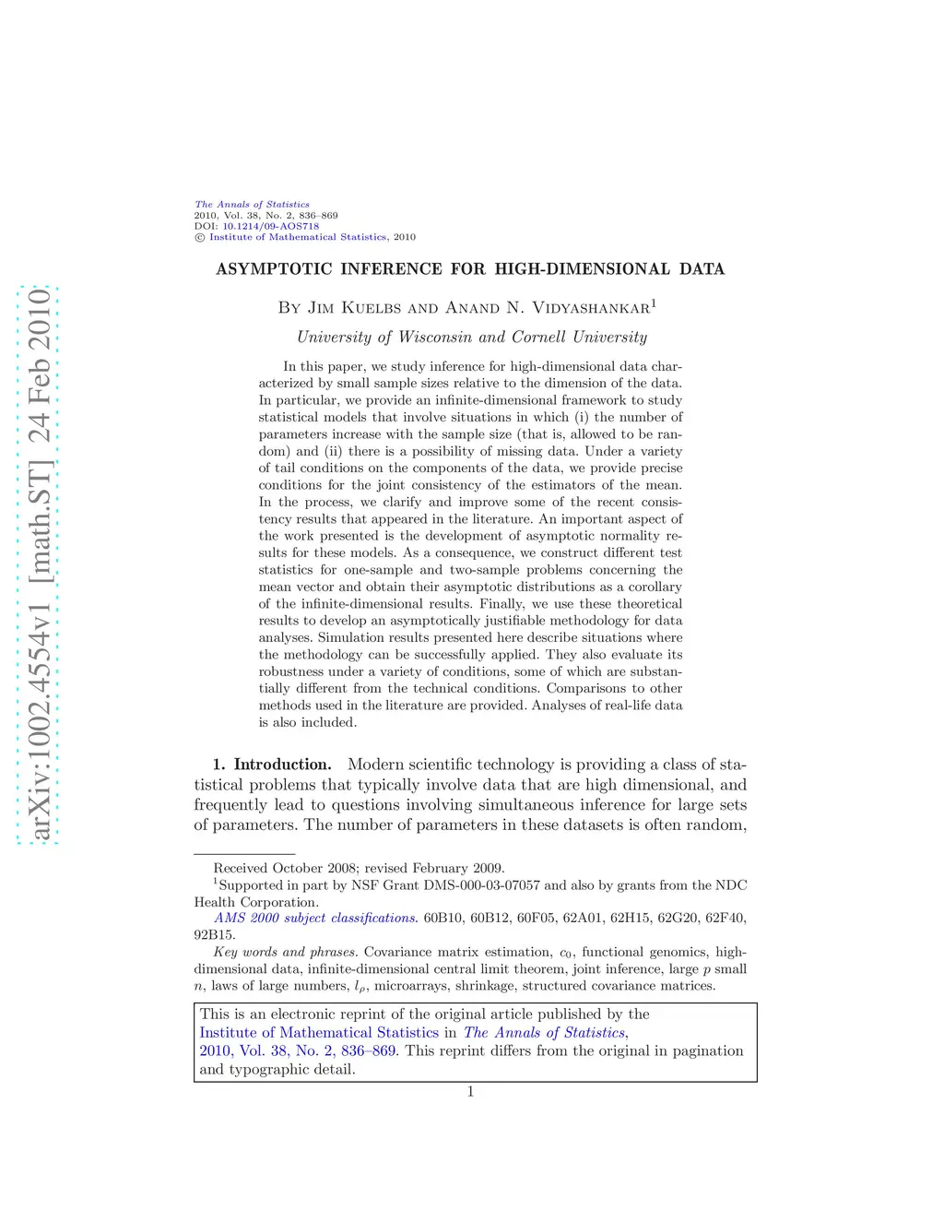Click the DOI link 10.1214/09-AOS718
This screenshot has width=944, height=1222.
270,226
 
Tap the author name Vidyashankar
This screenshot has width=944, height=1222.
590,308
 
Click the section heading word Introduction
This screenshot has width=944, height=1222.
282,765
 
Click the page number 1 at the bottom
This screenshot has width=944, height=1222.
470,1092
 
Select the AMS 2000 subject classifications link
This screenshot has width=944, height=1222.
315,919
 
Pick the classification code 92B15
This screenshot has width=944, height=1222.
214,934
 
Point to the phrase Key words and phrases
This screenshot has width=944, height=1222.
285,952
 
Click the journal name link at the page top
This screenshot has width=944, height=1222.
252,205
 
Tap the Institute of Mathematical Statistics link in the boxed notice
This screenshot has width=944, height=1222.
319,1033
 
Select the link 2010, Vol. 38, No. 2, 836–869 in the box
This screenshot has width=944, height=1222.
298,1051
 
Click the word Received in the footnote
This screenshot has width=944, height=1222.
241,868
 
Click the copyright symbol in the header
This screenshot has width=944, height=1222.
199,237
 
